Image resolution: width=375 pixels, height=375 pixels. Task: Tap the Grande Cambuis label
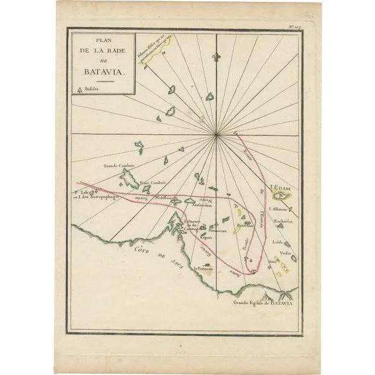(x=117, y=165)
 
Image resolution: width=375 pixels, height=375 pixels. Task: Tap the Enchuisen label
(x=283, y=222)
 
